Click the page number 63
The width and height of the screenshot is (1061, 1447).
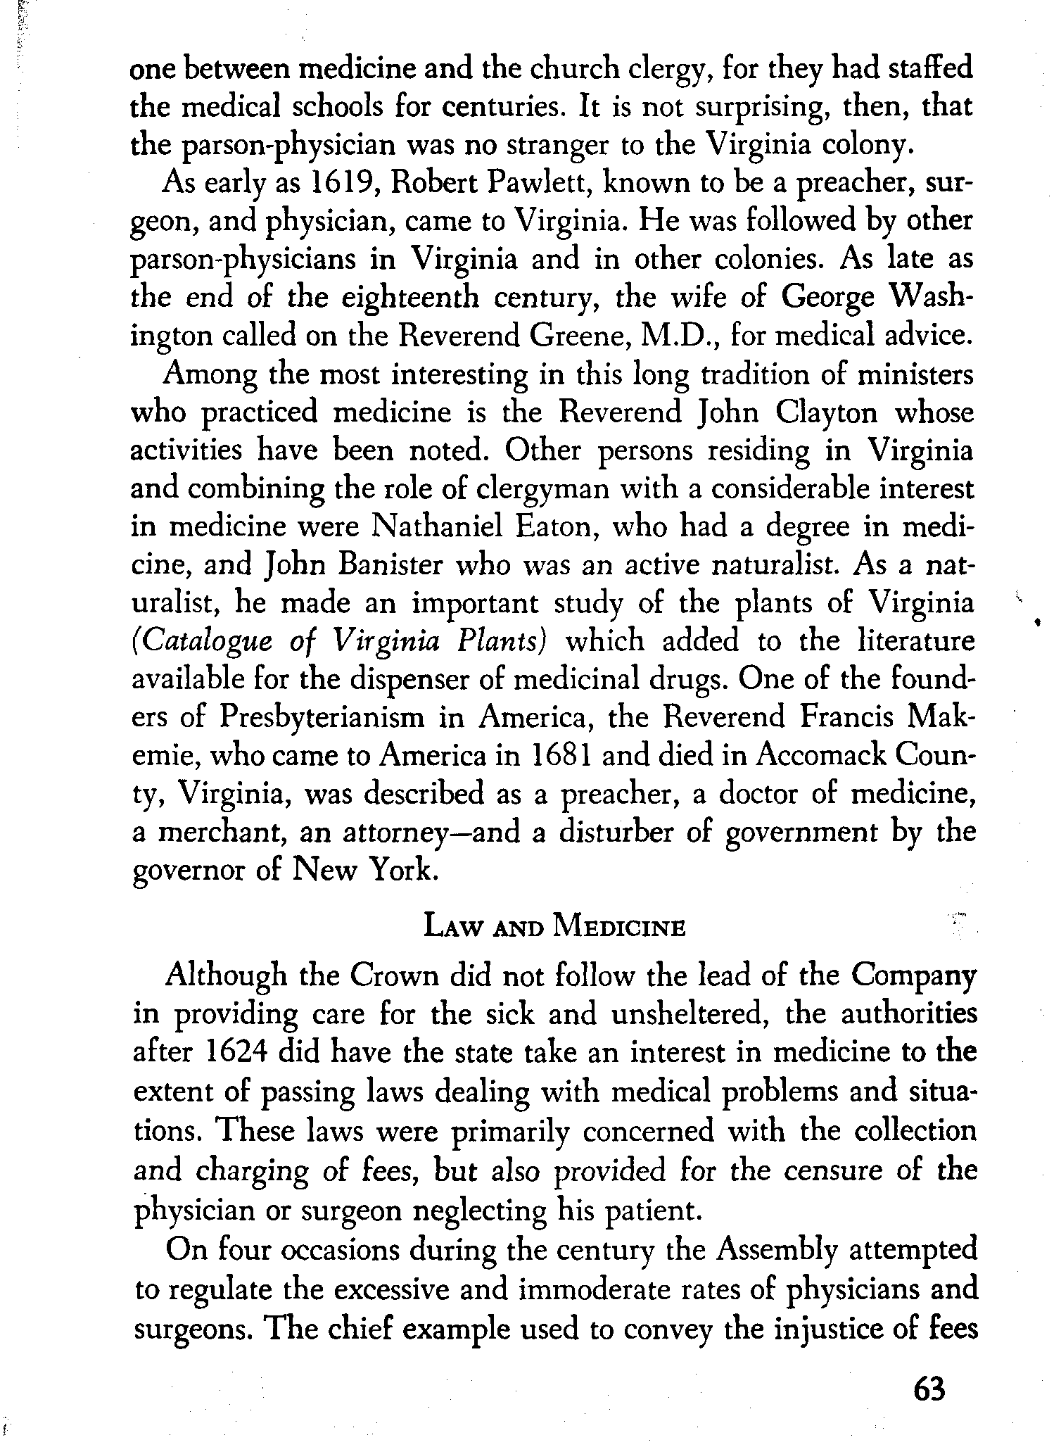pyautogui.click(x=928, y=1389)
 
